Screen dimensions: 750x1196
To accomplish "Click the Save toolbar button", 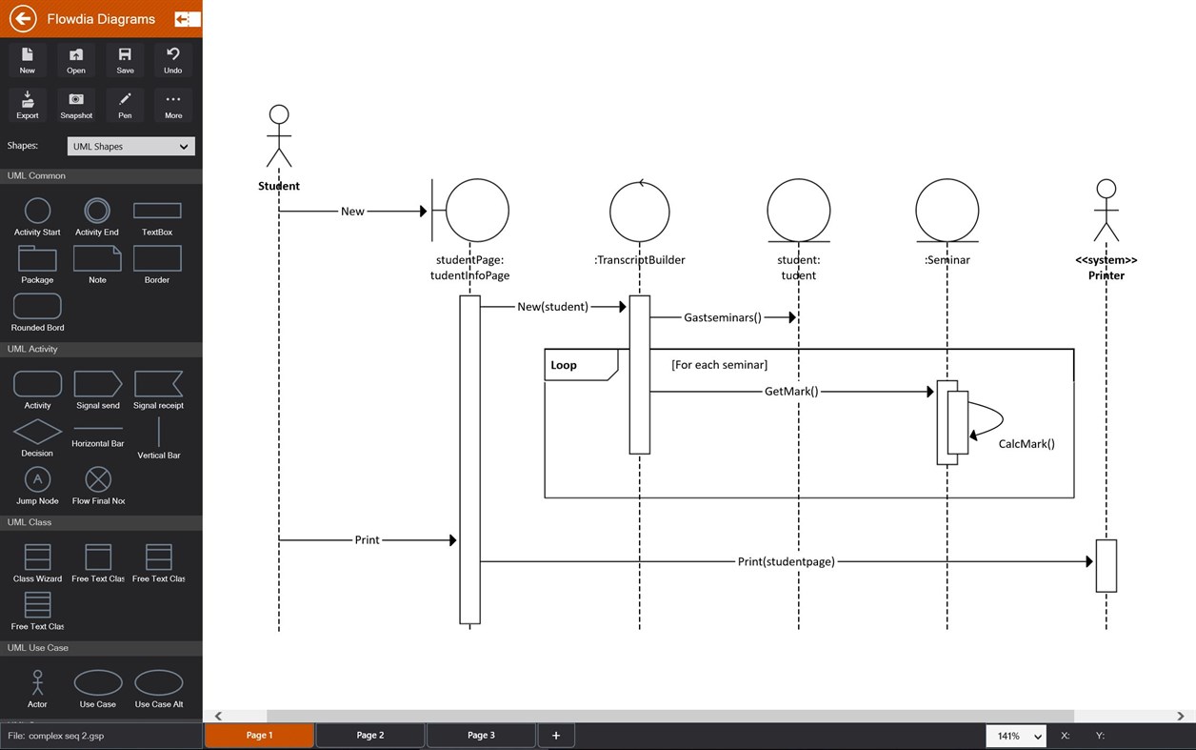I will pos(125,59).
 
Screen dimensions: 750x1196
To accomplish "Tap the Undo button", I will pos(172,59).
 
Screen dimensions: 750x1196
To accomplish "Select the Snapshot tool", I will pos(76,104).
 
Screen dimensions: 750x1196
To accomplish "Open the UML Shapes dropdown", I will pos(131,146).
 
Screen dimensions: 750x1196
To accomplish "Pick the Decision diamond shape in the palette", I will pos(37,432).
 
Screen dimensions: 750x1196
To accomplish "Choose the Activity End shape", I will pos(97,211).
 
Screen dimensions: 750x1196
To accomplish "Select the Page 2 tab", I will pos(369,735).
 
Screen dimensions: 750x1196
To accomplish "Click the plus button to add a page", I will pos(556,735).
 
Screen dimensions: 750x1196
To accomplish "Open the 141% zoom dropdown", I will pos(1016,736).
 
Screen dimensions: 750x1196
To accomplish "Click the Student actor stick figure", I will pos(278,136).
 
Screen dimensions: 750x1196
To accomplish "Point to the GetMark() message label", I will pos(791,391).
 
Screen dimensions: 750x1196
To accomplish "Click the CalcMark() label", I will pos(1027,443).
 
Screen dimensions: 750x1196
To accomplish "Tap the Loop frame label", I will pos(564,365).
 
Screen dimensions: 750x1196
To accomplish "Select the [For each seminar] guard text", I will pos(719,365).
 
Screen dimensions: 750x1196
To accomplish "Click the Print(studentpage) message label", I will pos(786,561).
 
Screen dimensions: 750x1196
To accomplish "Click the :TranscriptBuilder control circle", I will pos(640,211).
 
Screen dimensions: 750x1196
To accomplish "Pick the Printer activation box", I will pos(1106,565).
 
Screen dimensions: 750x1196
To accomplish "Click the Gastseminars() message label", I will pos(723,317).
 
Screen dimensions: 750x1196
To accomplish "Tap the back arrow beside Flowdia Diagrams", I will pos(23,18).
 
